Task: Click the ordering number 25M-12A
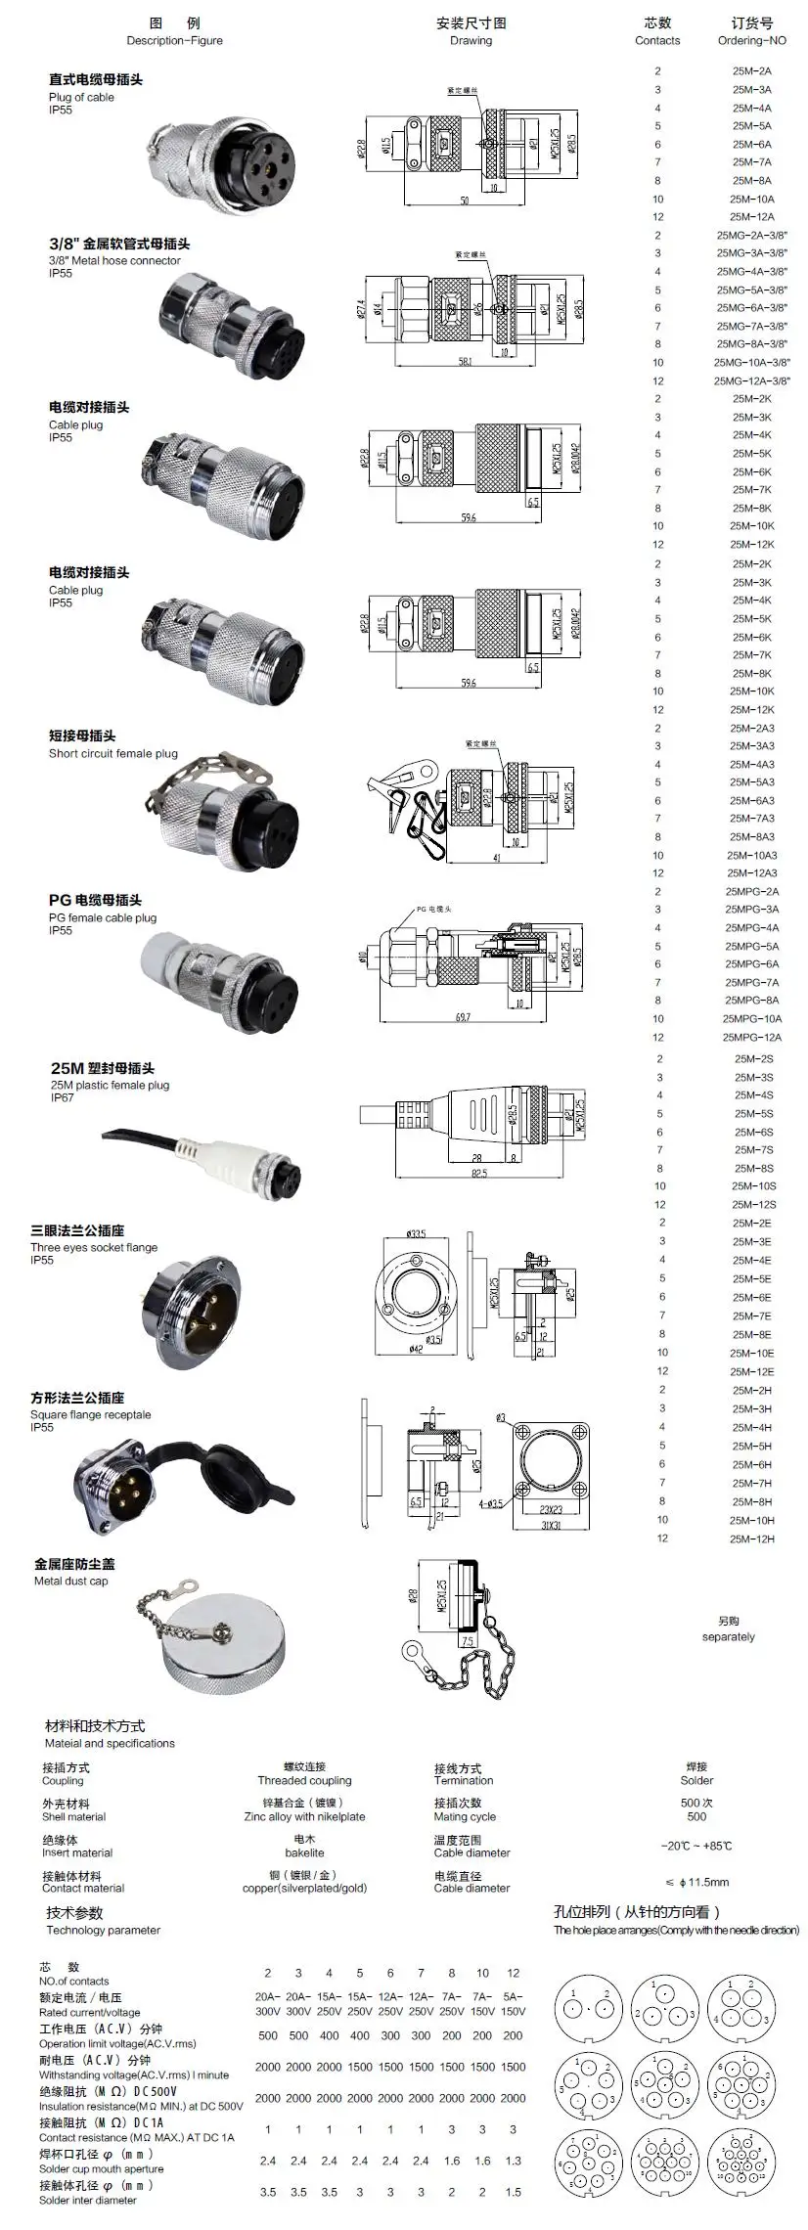(751, 217)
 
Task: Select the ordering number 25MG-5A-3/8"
(751, 290)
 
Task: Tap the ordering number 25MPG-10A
(751, 1019)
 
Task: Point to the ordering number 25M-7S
(753, 1150)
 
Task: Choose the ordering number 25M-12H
(751, 1539)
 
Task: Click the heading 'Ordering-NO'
(751, 41)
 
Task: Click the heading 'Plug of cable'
(81, 98)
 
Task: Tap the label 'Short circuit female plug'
(113, 754)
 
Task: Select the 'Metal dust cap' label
(71, 1581)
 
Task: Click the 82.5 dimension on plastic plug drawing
(477, 1174)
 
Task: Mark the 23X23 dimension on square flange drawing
(552, 1510)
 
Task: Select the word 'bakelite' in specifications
(304, 1852)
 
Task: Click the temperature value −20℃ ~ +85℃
(696, 1846)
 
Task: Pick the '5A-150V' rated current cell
(513, 2004)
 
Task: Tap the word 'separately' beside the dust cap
(728, 1636)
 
